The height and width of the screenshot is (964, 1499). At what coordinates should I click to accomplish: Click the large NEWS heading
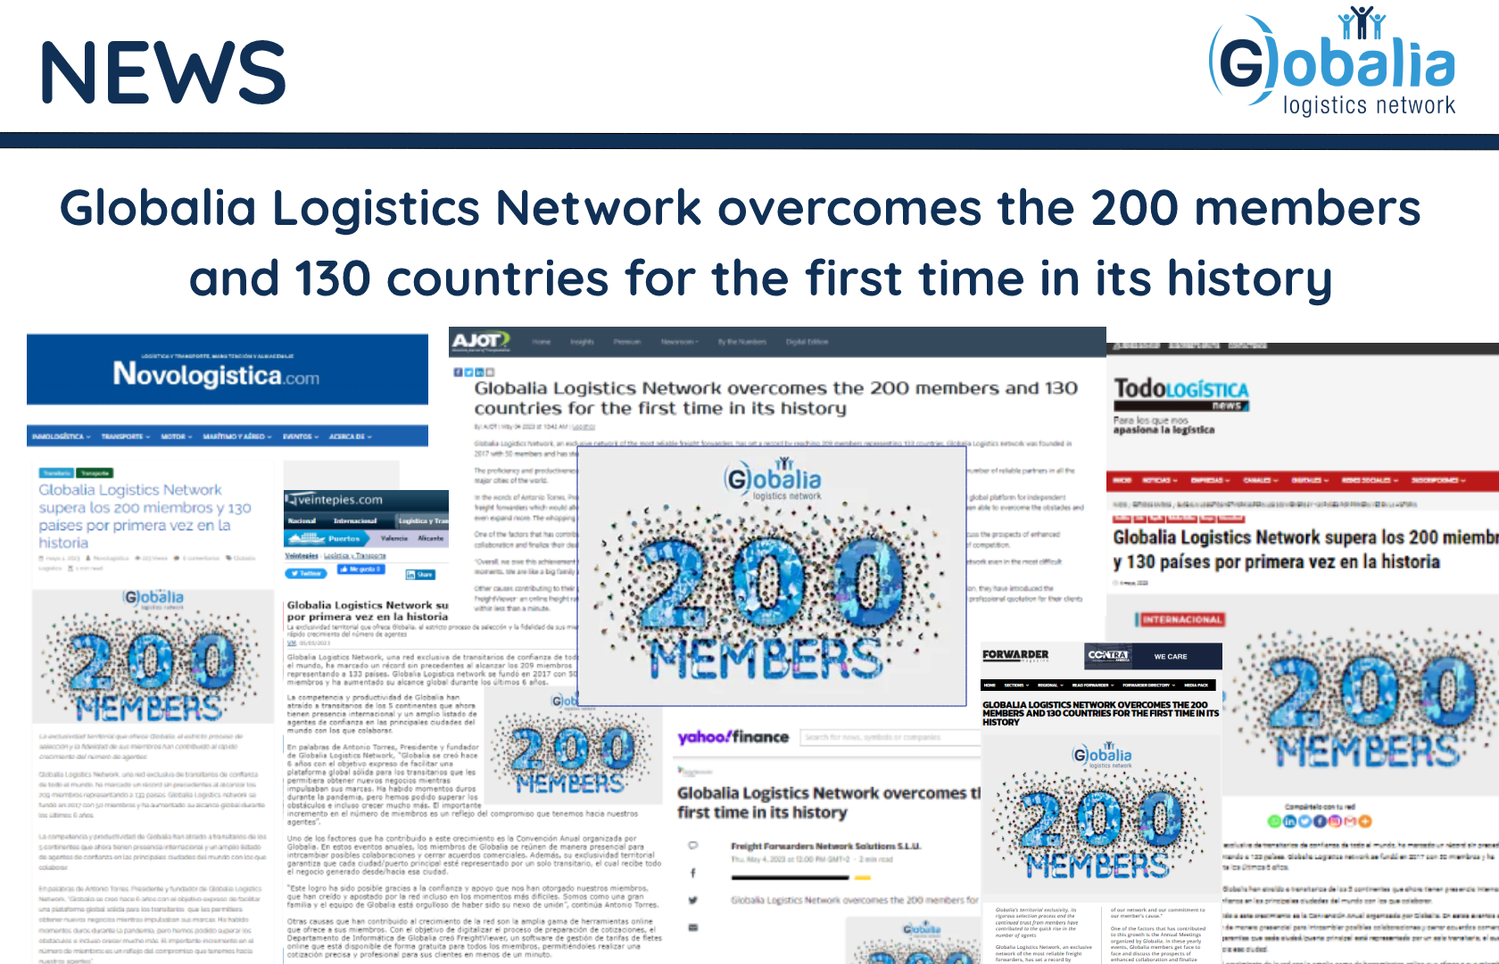[x=162, y=72]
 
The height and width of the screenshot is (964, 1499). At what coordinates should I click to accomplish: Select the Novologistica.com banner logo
[x=216, y=374]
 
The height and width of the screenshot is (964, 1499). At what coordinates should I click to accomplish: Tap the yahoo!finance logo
[x=733, y=737]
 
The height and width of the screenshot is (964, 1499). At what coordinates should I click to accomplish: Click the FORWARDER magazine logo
[x=1015, y=655]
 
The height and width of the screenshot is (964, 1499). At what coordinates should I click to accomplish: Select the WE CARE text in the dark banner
[x=1170, y=656]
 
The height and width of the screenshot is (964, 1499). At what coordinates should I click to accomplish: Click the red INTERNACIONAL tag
[x=1181, y=619]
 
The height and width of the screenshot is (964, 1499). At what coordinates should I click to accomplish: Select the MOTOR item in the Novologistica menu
[x=173, y=436]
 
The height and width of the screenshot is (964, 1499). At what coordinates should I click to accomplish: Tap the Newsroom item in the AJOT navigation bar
[x=678, y=342]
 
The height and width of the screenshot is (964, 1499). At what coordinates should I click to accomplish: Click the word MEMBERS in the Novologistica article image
[x=149, y=709]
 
